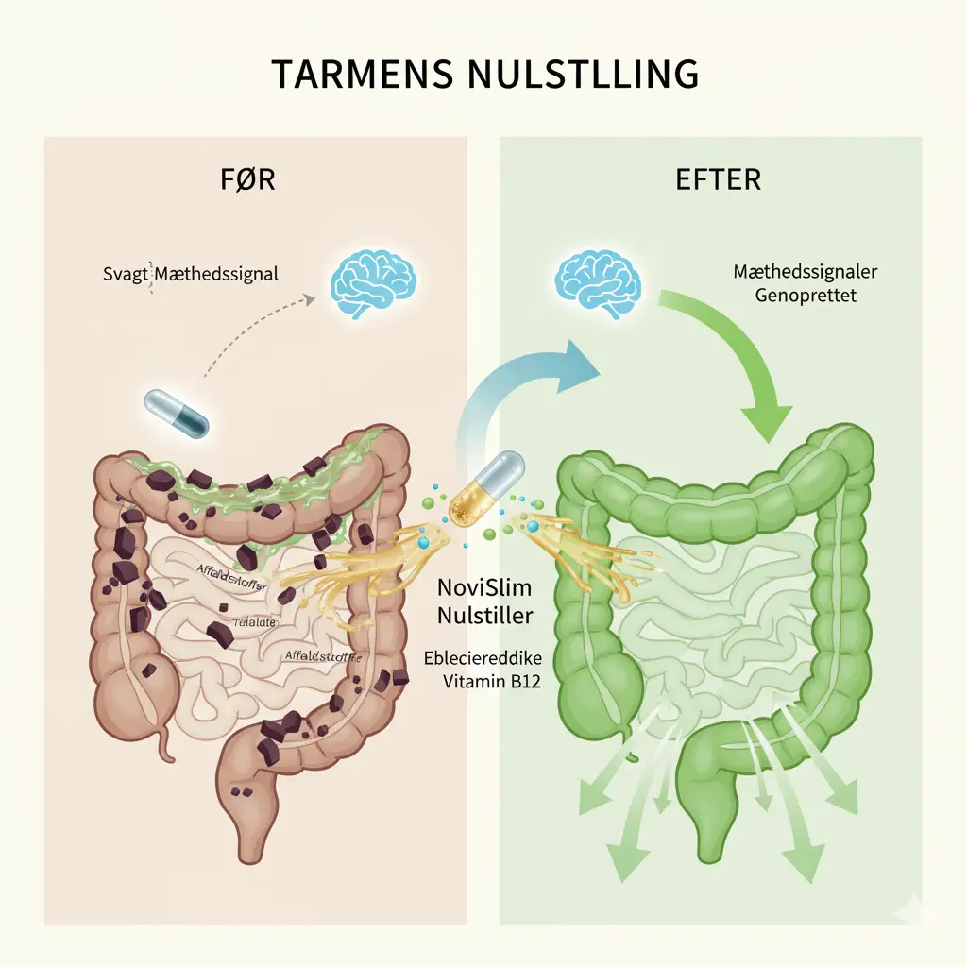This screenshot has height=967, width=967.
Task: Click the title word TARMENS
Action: [x=354, y=74]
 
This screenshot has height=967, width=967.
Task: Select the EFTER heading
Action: [x=718, y=178]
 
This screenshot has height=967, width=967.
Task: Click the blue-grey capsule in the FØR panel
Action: [x=178, y=413]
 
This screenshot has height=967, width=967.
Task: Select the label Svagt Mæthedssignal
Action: [x=190, y=276]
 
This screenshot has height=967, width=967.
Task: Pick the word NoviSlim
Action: [x=484, y=588]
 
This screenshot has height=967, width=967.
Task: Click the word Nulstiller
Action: [x=485, y=616]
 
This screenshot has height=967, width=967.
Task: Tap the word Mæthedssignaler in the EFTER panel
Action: [x=806, y=272]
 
